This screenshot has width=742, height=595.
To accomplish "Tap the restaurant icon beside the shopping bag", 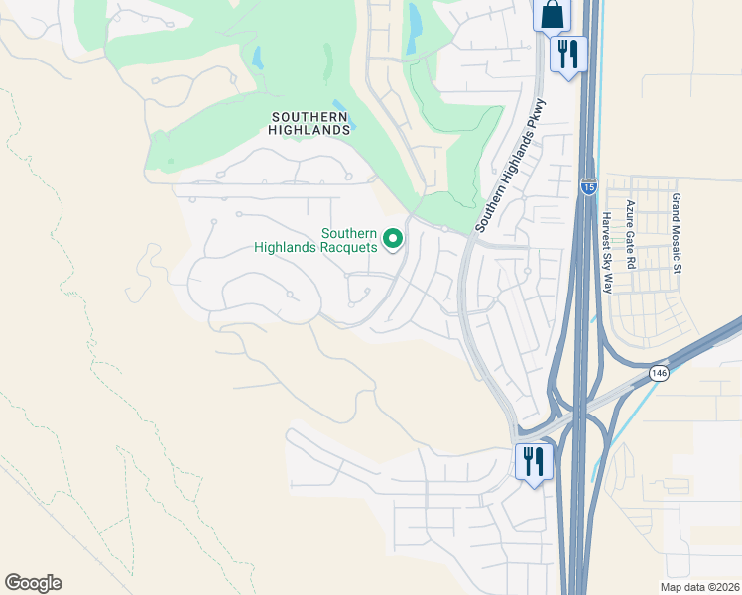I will [x=568, y=53].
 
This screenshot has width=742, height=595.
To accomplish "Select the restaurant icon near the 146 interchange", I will [x=533, y=462].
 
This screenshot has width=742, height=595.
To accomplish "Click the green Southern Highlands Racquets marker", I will [x=393, y=238].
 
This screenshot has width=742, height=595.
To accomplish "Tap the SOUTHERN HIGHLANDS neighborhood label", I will [x=310, y=123].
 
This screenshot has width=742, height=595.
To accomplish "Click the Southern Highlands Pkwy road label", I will [x=509, y=167].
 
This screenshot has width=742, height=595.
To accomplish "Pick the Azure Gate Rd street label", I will [x=630, y=234].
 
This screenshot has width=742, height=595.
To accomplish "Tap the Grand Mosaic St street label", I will [x=677, y=233].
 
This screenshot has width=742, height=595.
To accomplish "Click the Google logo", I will [x=33, y=583].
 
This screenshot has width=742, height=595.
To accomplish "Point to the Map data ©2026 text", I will [x=699, y=587].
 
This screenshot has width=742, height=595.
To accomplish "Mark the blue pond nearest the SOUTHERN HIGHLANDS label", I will [x=340, y=104].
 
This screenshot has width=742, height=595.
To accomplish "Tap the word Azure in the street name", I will [x=630, y=215].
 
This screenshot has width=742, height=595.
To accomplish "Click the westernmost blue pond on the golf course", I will [x=259, y=59].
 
